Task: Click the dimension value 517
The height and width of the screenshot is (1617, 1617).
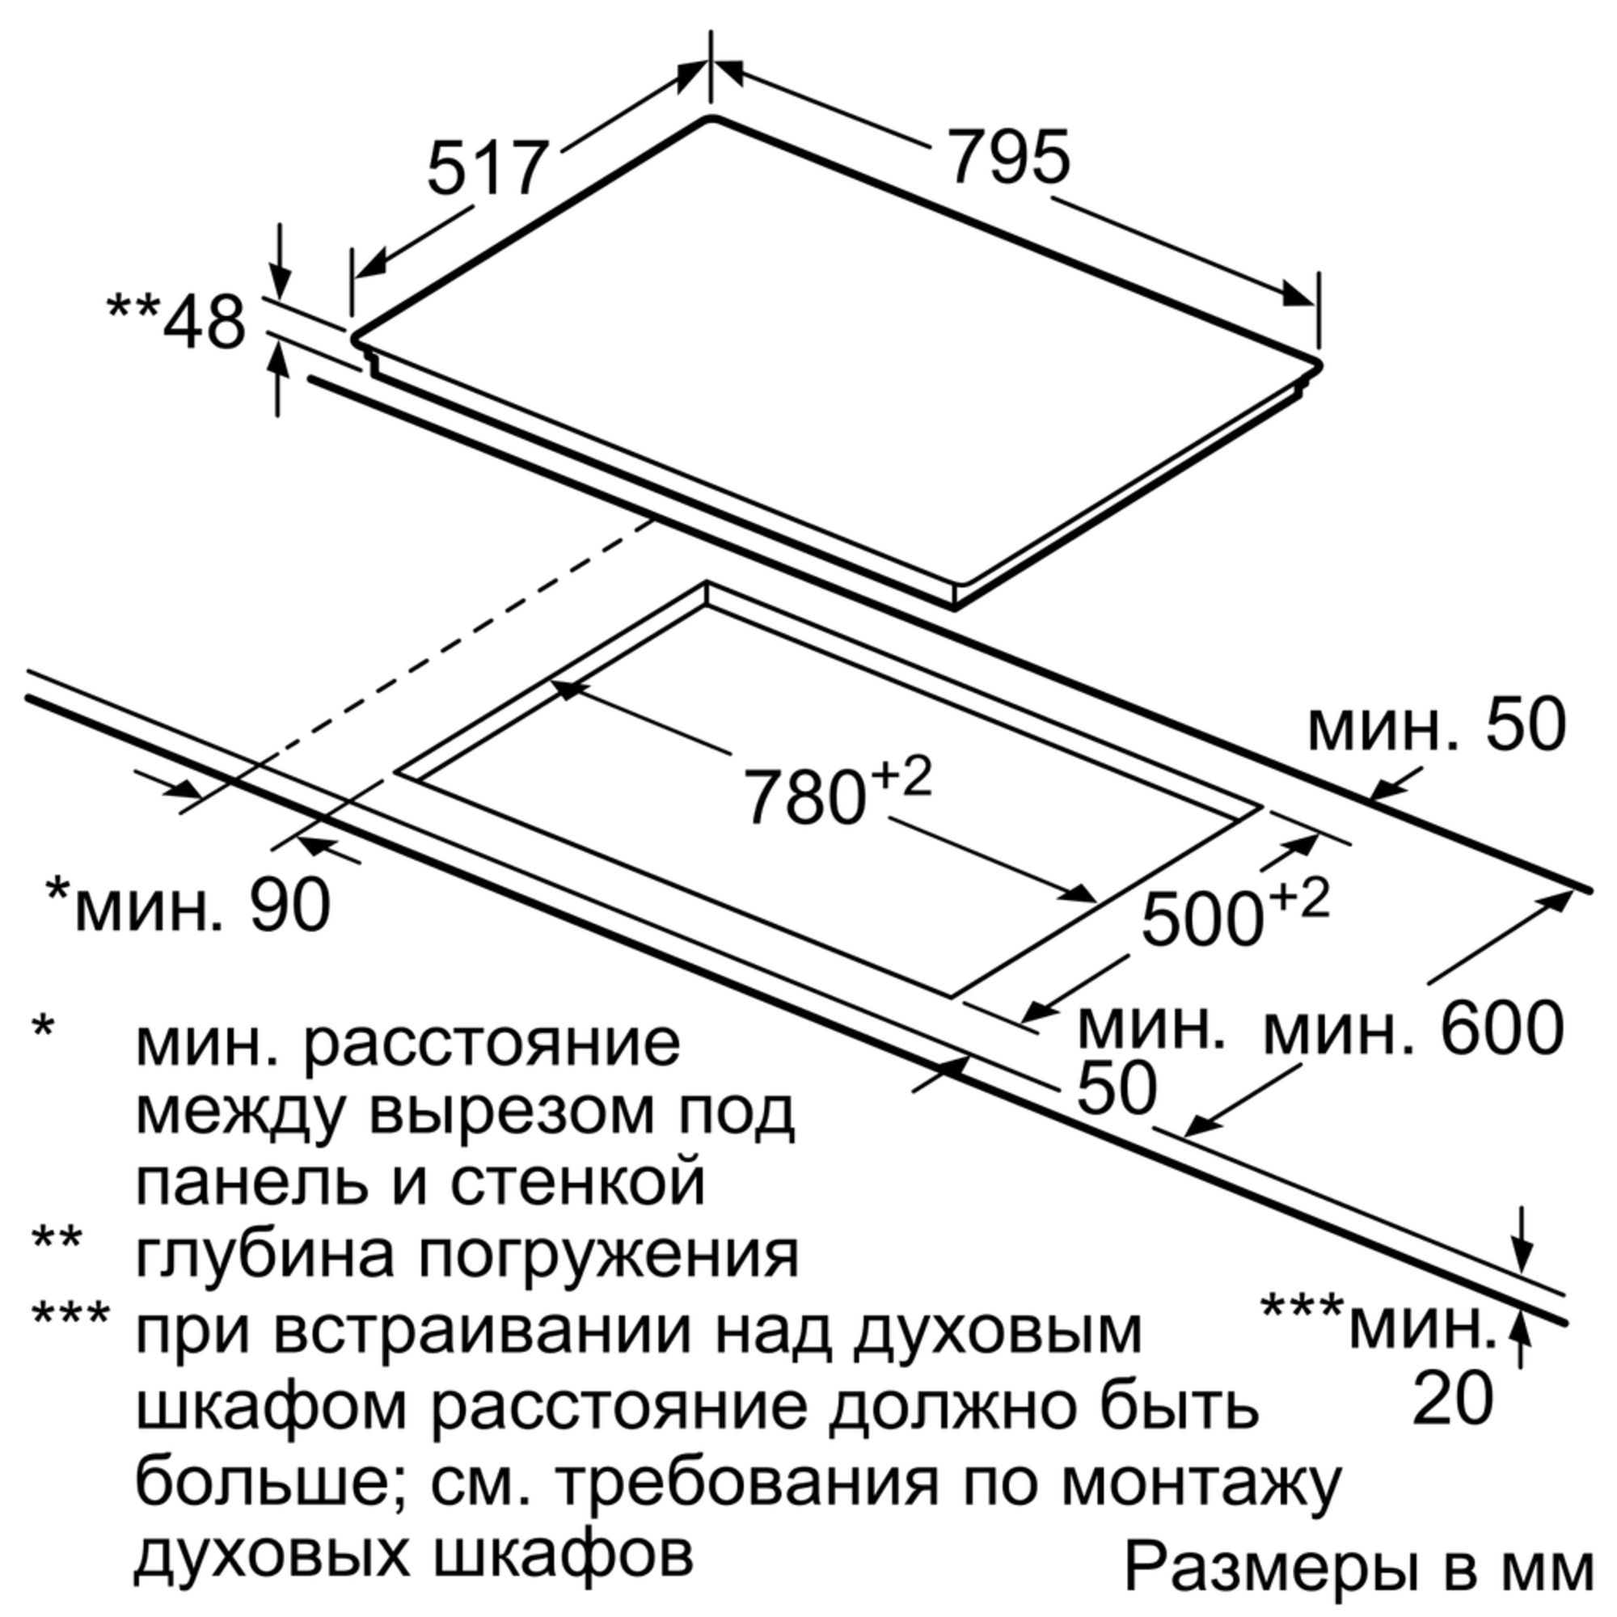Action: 487,170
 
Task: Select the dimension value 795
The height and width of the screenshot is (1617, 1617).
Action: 1008,157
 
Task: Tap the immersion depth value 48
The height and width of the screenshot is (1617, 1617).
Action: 205,323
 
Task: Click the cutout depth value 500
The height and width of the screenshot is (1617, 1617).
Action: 1203,918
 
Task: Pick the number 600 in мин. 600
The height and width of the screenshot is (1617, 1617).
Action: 1502,1028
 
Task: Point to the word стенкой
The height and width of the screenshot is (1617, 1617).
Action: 577,1181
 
